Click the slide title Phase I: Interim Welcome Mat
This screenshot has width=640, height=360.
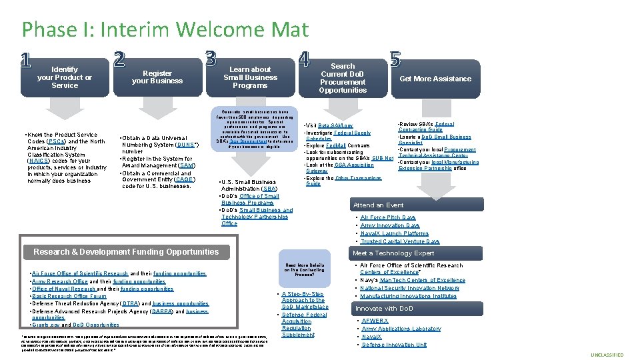(165, 29)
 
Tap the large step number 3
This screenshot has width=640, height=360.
(211, 59)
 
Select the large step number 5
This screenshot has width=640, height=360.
(395, 59)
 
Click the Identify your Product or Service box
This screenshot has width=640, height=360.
(65, 77)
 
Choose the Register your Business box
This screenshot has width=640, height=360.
(157, 77)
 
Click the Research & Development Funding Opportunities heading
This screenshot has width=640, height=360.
(126, 252)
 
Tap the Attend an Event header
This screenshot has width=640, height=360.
(379, 205)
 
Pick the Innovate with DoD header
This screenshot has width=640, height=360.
(385, 309)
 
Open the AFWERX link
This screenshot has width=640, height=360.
(375, 320)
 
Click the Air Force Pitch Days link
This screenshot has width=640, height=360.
(388, 217)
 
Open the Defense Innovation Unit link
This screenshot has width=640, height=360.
(394, 345)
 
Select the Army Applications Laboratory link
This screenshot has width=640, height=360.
(401, 329)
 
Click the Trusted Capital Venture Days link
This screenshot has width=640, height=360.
(400, 241)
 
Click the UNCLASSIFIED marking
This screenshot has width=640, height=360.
(607, 355)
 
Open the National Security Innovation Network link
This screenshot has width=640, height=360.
(409, 288)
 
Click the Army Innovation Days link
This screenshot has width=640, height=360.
(389, 225)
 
